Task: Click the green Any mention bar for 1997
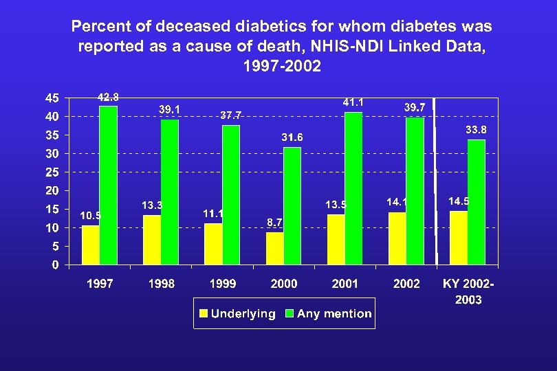108,185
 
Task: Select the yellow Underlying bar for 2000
274,248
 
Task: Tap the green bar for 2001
353,188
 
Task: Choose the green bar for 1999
231,194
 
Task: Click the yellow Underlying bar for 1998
151,240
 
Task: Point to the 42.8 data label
108,98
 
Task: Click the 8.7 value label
274,222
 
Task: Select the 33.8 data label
477,130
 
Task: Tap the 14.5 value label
459,201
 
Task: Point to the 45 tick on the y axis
52,98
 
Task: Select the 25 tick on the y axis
52,172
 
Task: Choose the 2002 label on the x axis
406,284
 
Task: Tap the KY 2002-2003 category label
468,291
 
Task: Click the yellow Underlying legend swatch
204,314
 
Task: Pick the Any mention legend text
334,314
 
